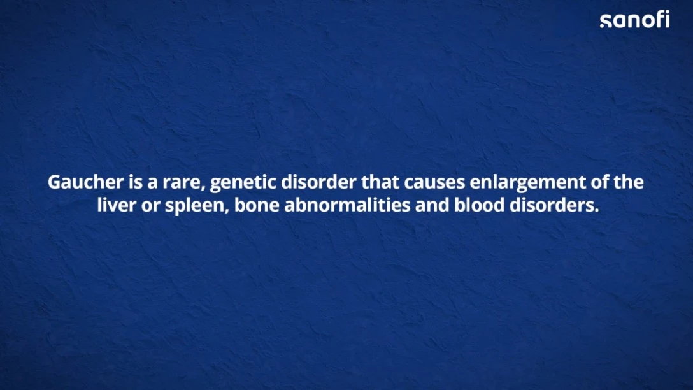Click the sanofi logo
(x=634, y=20)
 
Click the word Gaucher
(x=86, y=182)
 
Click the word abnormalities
(x=347, y=205)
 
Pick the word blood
(x=480, y=205)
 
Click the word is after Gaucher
(x=136, y=182)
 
